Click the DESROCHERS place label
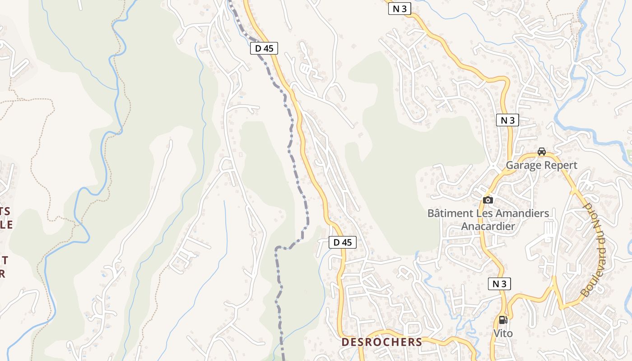[381, 342]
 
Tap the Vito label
[503, 333]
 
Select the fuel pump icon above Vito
[503, 320]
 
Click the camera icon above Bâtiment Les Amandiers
[488, 200]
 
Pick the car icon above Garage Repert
[541, 152]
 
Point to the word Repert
[561, 165]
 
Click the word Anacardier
[488, 226]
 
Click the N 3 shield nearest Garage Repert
[507, 120]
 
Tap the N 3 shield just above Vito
[499, 284]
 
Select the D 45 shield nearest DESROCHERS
[342, 242]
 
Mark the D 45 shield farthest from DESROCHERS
[264, 48]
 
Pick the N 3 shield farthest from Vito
[400, 9]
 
